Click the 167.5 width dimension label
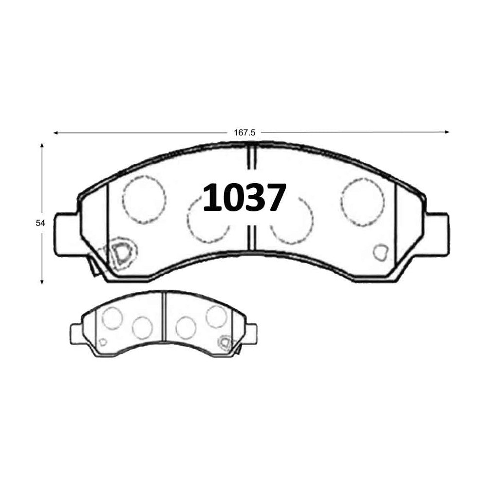point(244,132)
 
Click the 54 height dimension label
point(40,223)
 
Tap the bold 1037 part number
point(244,197)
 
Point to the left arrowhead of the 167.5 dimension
point(56,133)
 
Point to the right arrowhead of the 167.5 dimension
point(447,132)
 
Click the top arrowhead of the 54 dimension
point(42,145)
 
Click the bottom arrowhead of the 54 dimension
point(42,281)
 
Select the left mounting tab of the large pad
point(66,235)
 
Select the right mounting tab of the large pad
point(438,235)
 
